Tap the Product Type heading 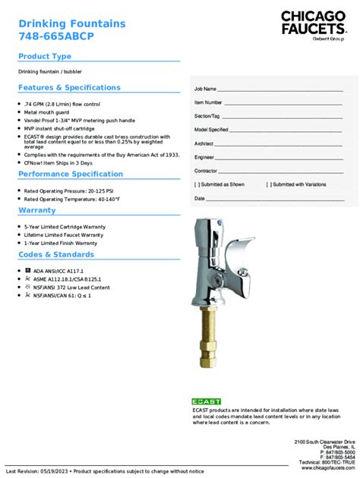click(45, 57)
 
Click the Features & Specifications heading click(69, 88)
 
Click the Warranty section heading click(37, 210)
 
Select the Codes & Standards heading click(56, 255)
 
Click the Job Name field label click(206, 90)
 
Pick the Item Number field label click(208, 102)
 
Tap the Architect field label click(204, 143)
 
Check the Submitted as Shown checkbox click(197, 184)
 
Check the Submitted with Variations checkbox click(268, 184)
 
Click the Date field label click(200, 198)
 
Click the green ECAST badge click(207, 401)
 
